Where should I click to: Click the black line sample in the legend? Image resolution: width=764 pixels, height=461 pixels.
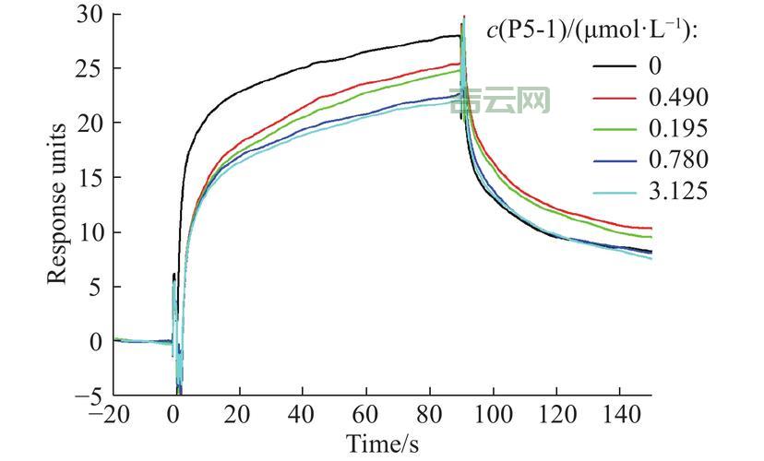tap(612, 66)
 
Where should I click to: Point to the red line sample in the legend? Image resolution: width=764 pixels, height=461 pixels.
tap(612, 97)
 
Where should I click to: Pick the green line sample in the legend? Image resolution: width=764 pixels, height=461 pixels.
tap(612, 128)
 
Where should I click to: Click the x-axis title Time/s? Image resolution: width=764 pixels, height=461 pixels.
tap(382, 443)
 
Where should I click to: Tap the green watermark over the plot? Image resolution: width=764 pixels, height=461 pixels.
tap(501, 101)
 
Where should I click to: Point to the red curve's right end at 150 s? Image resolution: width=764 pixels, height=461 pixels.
tap(651, 228)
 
